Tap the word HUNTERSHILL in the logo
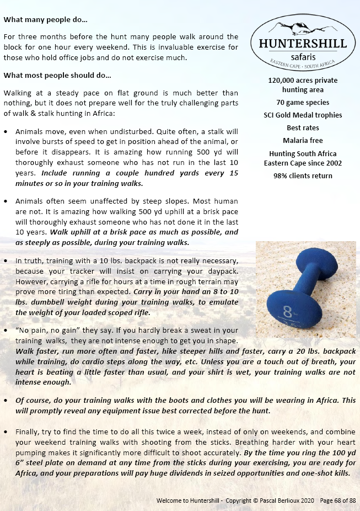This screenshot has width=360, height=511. (x=299, y=44)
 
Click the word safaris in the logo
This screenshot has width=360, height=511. (x=298, y=56)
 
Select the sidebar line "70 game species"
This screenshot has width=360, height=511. (x=303, y=102)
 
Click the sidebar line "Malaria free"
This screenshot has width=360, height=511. (x=303, y=141)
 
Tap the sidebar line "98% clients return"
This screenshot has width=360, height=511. (x=303, y=176)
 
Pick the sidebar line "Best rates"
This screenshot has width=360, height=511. (x=303, y=128)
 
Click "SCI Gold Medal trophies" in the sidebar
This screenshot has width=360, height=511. (x=303, y=115)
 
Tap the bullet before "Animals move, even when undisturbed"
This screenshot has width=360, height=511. (x=6, y=132)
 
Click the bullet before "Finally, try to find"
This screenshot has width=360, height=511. (x=6, y=430)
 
